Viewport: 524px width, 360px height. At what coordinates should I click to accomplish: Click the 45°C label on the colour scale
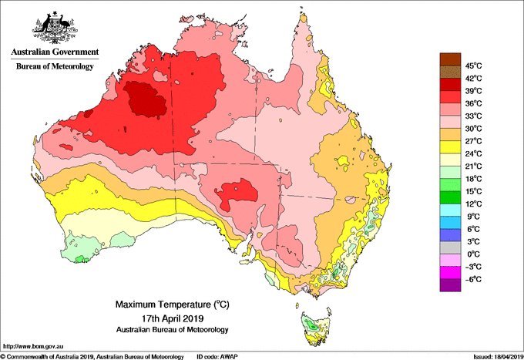473,66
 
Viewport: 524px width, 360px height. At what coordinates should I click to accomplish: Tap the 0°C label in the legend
473,254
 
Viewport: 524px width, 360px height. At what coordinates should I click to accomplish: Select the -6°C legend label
473,279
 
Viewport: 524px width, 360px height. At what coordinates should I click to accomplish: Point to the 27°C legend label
473,141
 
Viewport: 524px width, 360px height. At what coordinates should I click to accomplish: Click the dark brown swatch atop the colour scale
450,59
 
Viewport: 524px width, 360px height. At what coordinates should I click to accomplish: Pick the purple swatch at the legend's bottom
450,285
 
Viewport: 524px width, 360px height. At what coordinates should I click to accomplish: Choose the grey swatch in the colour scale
450,247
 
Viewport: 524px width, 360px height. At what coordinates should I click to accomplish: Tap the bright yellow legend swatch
450,147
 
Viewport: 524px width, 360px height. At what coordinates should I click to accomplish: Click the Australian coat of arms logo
55,28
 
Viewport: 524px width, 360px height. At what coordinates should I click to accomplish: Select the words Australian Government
55,52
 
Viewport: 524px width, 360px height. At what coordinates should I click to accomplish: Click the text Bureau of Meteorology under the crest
55,66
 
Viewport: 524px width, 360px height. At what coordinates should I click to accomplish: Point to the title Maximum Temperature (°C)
173,304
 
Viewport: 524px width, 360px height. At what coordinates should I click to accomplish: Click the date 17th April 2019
173,318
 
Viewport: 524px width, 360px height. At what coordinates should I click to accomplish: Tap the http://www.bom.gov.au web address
32,346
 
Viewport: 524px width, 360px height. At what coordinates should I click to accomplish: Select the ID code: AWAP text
217,357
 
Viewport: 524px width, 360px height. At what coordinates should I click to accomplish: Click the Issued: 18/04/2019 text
499,357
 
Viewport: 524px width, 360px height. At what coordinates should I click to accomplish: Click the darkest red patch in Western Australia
146,99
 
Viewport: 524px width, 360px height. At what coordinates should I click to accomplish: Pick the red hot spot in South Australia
237,193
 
